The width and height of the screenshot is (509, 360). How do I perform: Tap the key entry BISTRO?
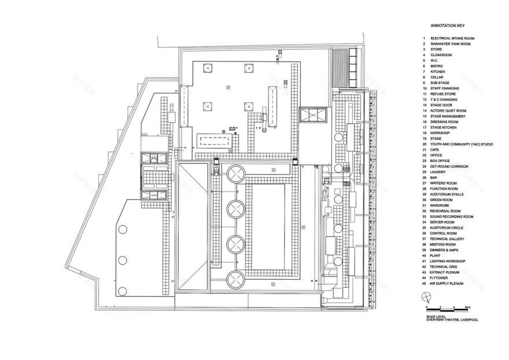tap(437, 66)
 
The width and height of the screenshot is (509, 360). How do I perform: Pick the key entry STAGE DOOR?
tap(441, 105)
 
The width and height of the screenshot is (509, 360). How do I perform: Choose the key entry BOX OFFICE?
tap(440, 160)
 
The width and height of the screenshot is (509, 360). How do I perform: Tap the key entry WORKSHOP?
tap(440, 133)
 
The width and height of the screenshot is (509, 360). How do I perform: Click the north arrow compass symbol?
tap(427, 297)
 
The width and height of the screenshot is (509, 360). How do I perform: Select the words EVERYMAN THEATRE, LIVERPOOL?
tap(452, 320)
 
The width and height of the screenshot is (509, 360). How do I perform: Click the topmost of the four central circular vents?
tap(236, 174)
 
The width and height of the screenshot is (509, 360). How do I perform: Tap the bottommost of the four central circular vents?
tap(236, 280)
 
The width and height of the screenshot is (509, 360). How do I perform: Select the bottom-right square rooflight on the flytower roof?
tap(249, 106)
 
